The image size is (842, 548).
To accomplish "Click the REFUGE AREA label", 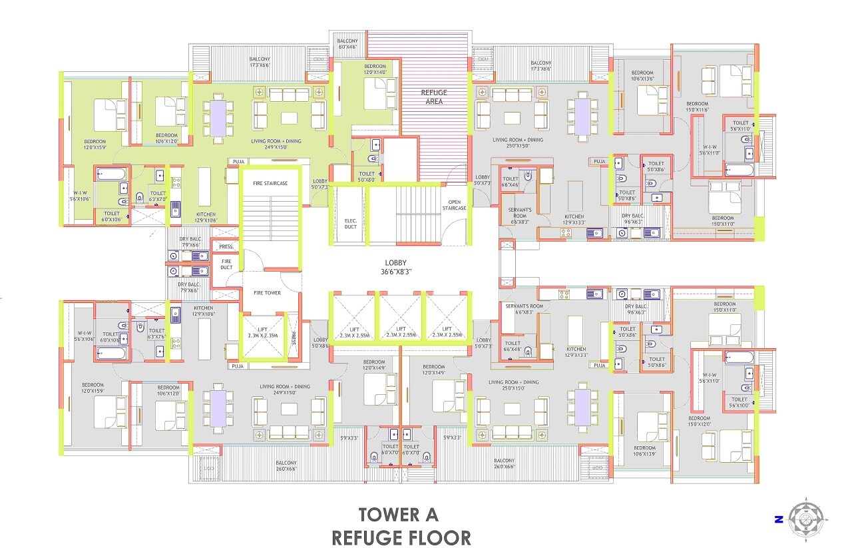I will tap(433, 97).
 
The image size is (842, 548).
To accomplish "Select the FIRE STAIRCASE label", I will tap(270, 183).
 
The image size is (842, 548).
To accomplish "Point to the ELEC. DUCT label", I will tap(351, 223).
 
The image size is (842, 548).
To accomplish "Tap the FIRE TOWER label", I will tap(267, 293).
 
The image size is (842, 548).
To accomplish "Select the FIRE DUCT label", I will tap(226, 264).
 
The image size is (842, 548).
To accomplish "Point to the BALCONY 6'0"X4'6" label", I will tap(347, 44).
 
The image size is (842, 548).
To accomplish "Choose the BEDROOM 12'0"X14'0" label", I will tap(374, 69).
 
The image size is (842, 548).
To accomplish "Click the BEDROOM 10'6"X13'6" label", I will tap(642, 75).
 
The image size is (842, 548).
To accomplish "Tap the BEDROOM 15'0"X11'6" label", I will tap(698, 107).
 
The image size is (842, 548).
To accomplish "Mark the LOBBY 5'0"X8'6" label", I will tap(320, 343).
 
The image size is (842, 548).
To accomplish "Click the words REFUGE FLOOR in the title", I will tap(401, 537).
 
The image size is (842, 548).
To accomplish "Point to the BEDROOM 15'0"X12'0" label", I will tap(699, 421).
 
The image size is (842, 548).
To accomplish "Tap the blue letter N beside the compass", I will tap(777, 519).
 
